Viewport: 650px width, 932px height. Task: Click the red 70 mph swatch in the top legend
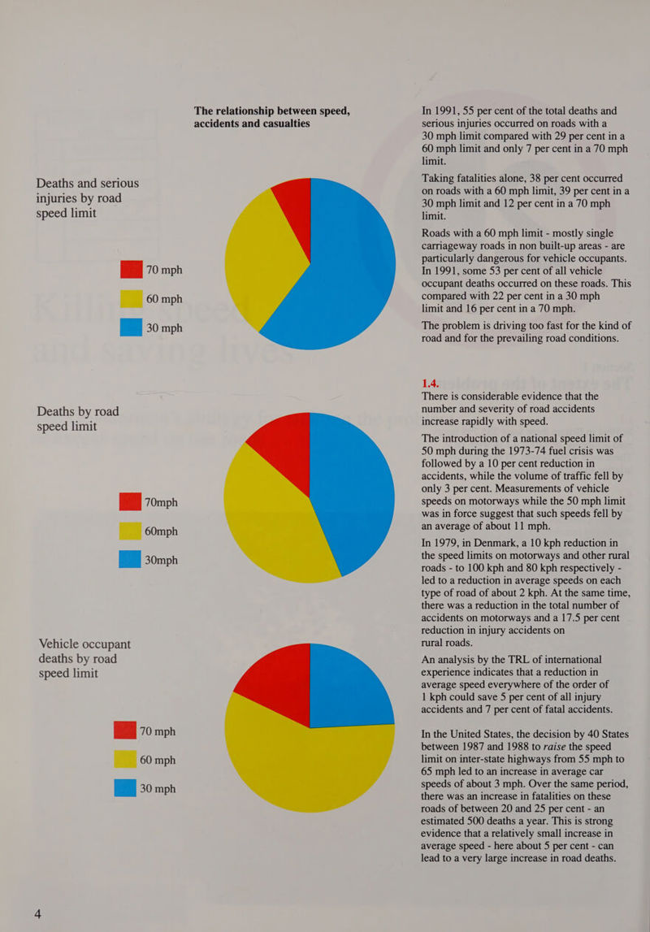point(131,270)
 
